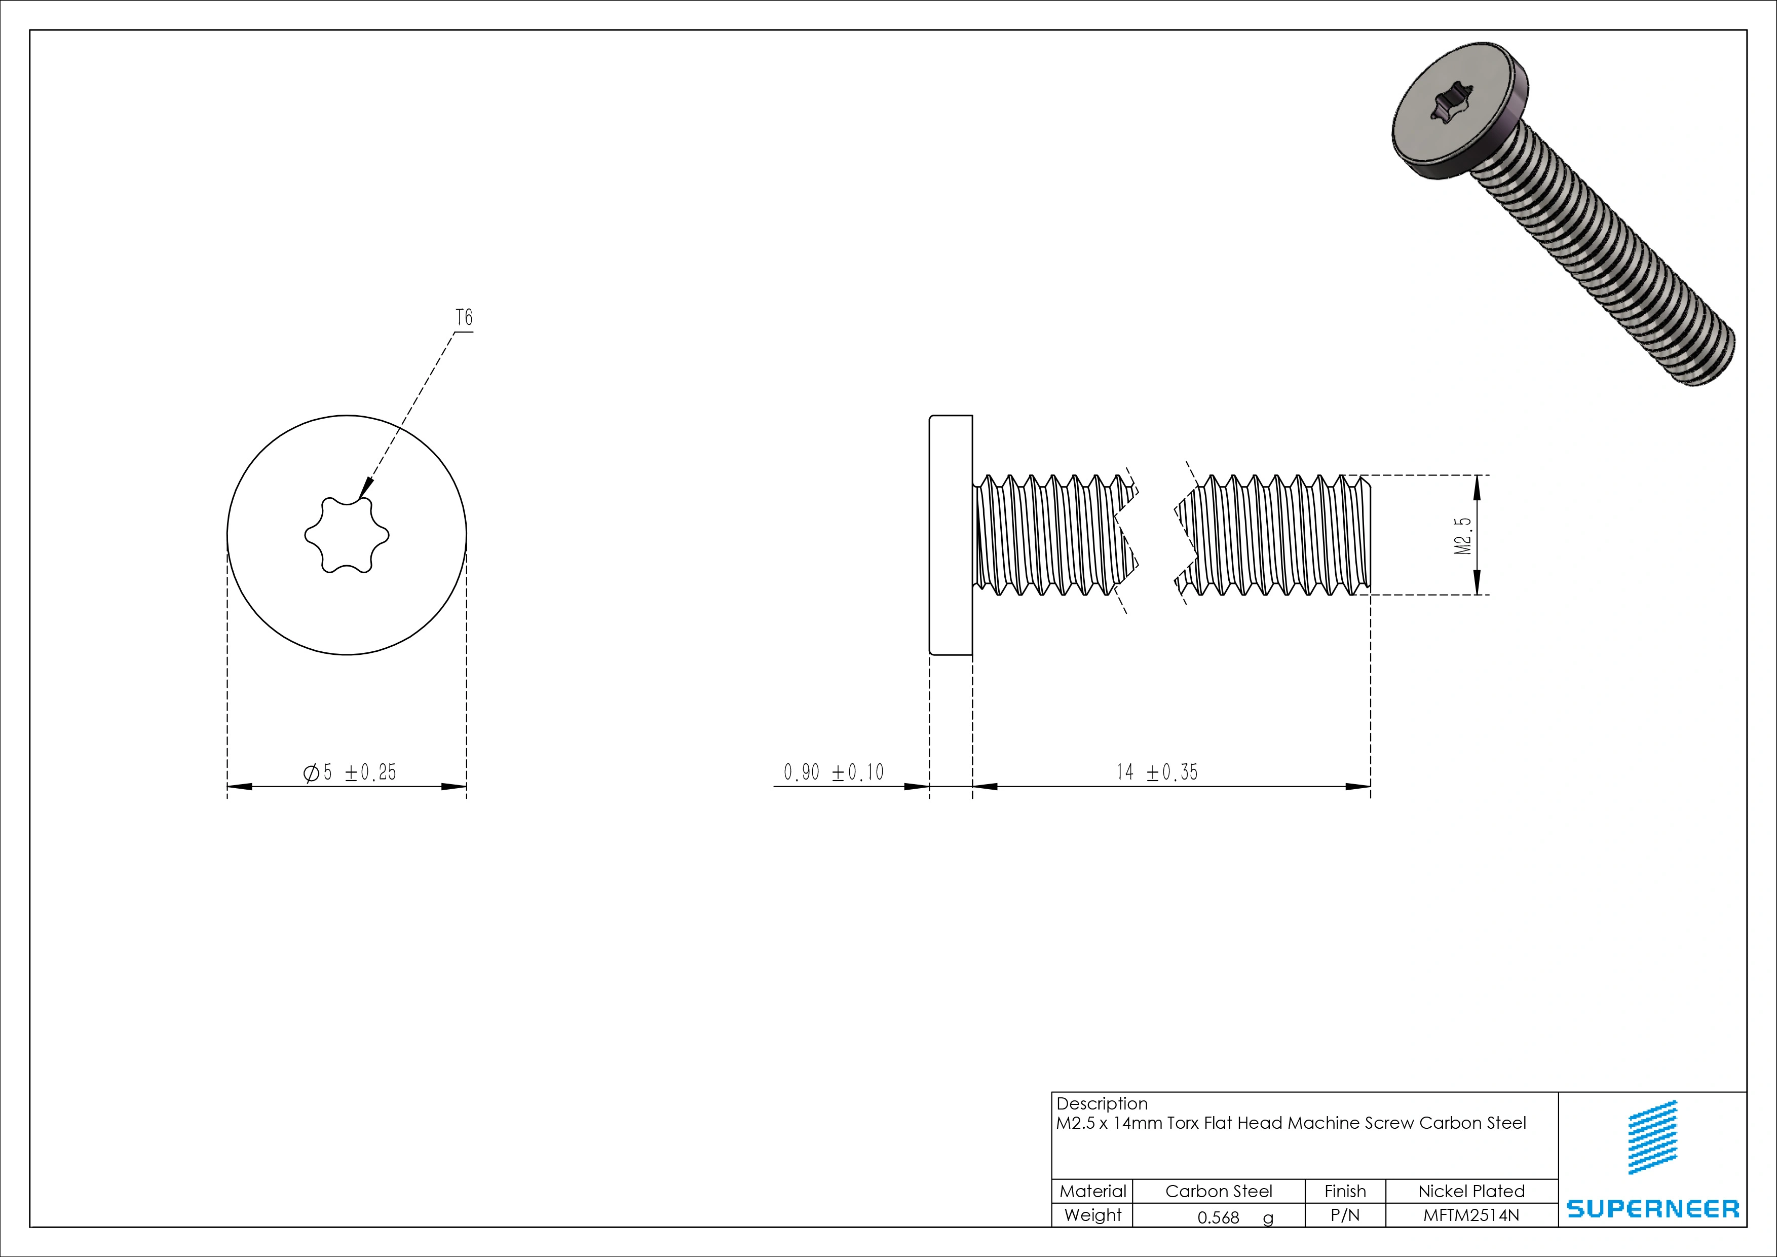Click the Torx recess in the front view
coord(347,535)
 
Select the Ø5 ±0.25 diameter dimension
coord(350,772)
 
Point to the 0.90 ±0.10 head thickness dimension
coord(834,772)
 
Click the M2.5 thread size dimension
coord(1463,536)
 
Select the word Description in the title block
coord(1102,1104)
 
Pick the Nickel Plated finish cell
coord(1471,1191)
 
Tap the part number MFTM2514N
coord(1471,1215)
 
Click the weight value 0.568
coord(1218,1217)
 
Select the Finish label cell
coord(1345,1191)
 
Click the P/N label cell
coord(1345,1215)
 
